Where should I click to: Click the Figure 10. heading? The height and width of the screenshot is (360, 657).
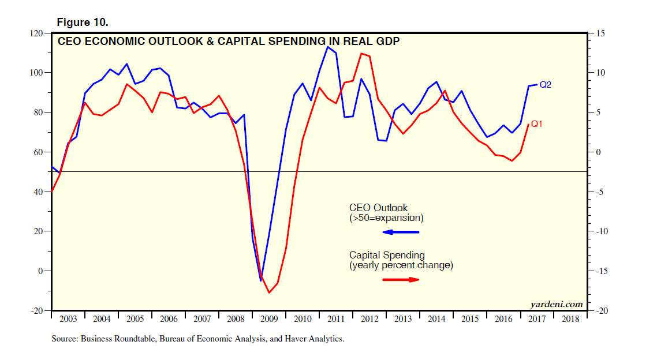(83, 22)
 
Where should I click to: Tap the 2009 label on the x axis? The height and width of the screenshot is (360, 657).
(269, 318)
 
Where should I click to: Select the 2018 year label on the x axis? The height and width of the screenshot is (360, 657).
(570, 318)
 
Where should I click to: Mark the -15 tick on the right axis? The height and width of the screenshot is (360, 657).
(598, 271)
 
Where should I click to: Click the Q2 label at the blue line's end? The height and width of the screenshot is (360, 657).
(546, 85)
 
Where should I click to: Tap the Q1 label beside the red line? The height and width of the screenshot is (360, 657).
(536, 123)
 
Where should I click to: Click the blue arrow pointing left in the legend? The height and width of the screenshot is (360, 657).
(401, 232)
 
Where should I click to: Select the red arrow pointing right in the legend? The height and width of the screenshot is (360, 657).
(401, 280)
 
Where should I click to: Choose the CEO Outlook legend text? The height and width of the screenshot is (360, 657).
(378, 208)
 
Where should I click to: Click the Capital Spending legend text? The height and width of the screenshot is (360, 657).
(387, 255)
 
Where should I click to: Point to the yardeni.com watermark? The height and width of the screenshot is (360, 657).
(557, 304)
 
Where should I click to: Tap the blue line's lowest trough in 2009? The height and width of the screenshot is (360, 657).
(260, 280)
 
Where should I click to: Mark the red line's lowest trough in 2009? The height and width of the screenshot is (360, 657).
(269, 292)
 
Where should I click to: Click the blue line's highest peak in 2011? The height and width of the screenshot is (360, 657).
(327, 47)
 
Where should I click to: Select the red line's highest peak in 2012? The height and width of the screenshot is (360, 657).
(361, 54)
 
